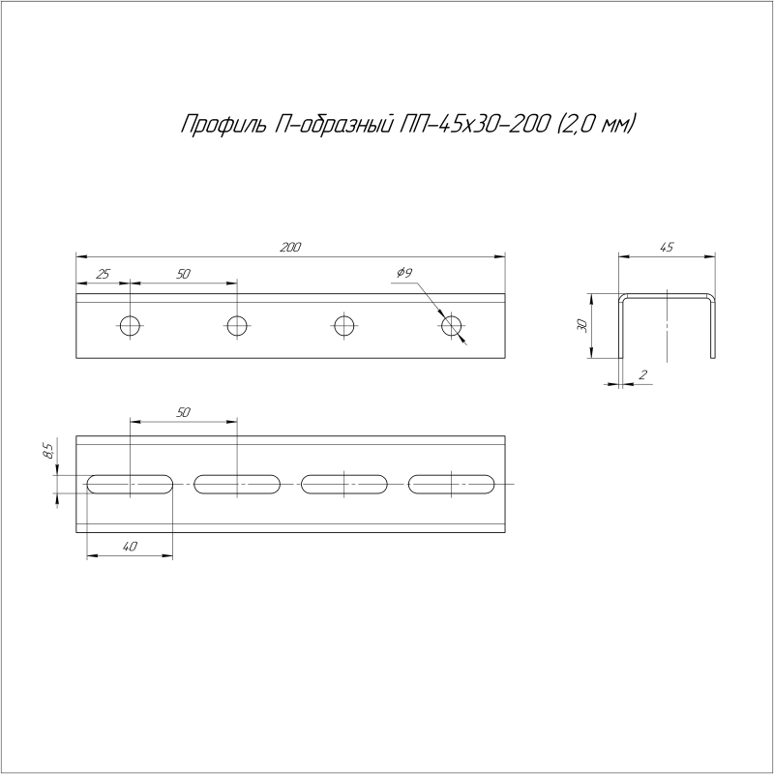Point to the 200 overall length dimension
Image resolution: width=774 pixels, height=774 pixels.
[290, 248]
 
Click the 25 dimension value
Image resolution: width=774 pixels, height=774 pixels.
[103, 275]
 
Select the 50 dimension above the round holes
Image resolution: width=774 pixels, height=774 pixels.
[183, 275]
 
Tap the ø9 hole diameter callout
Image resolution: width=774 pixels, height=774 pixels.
[404, 274]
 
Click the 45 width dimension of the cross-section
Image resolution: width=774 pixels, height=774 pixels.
[667, 248]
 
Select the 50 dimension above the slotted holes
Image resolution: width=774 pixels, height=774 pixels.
[183, 413]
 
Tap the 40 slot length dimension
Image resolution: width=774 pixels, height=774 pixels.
[130, 547]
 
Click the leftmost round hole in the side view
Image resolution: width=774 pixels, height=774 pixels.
[130, 325]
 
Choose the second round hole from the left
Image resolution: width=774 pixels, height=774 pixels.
[236, 325]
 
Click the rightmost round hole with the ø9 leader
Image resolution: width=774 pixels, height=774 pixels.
[451, 325]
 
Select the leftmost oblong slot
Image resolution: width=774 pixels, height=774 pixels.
[130, 483]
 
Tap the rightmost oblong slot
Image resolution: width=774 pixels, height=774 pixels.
[451, 483]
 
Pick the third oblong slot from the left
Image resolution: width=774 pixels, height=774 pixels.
[343, 483]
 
